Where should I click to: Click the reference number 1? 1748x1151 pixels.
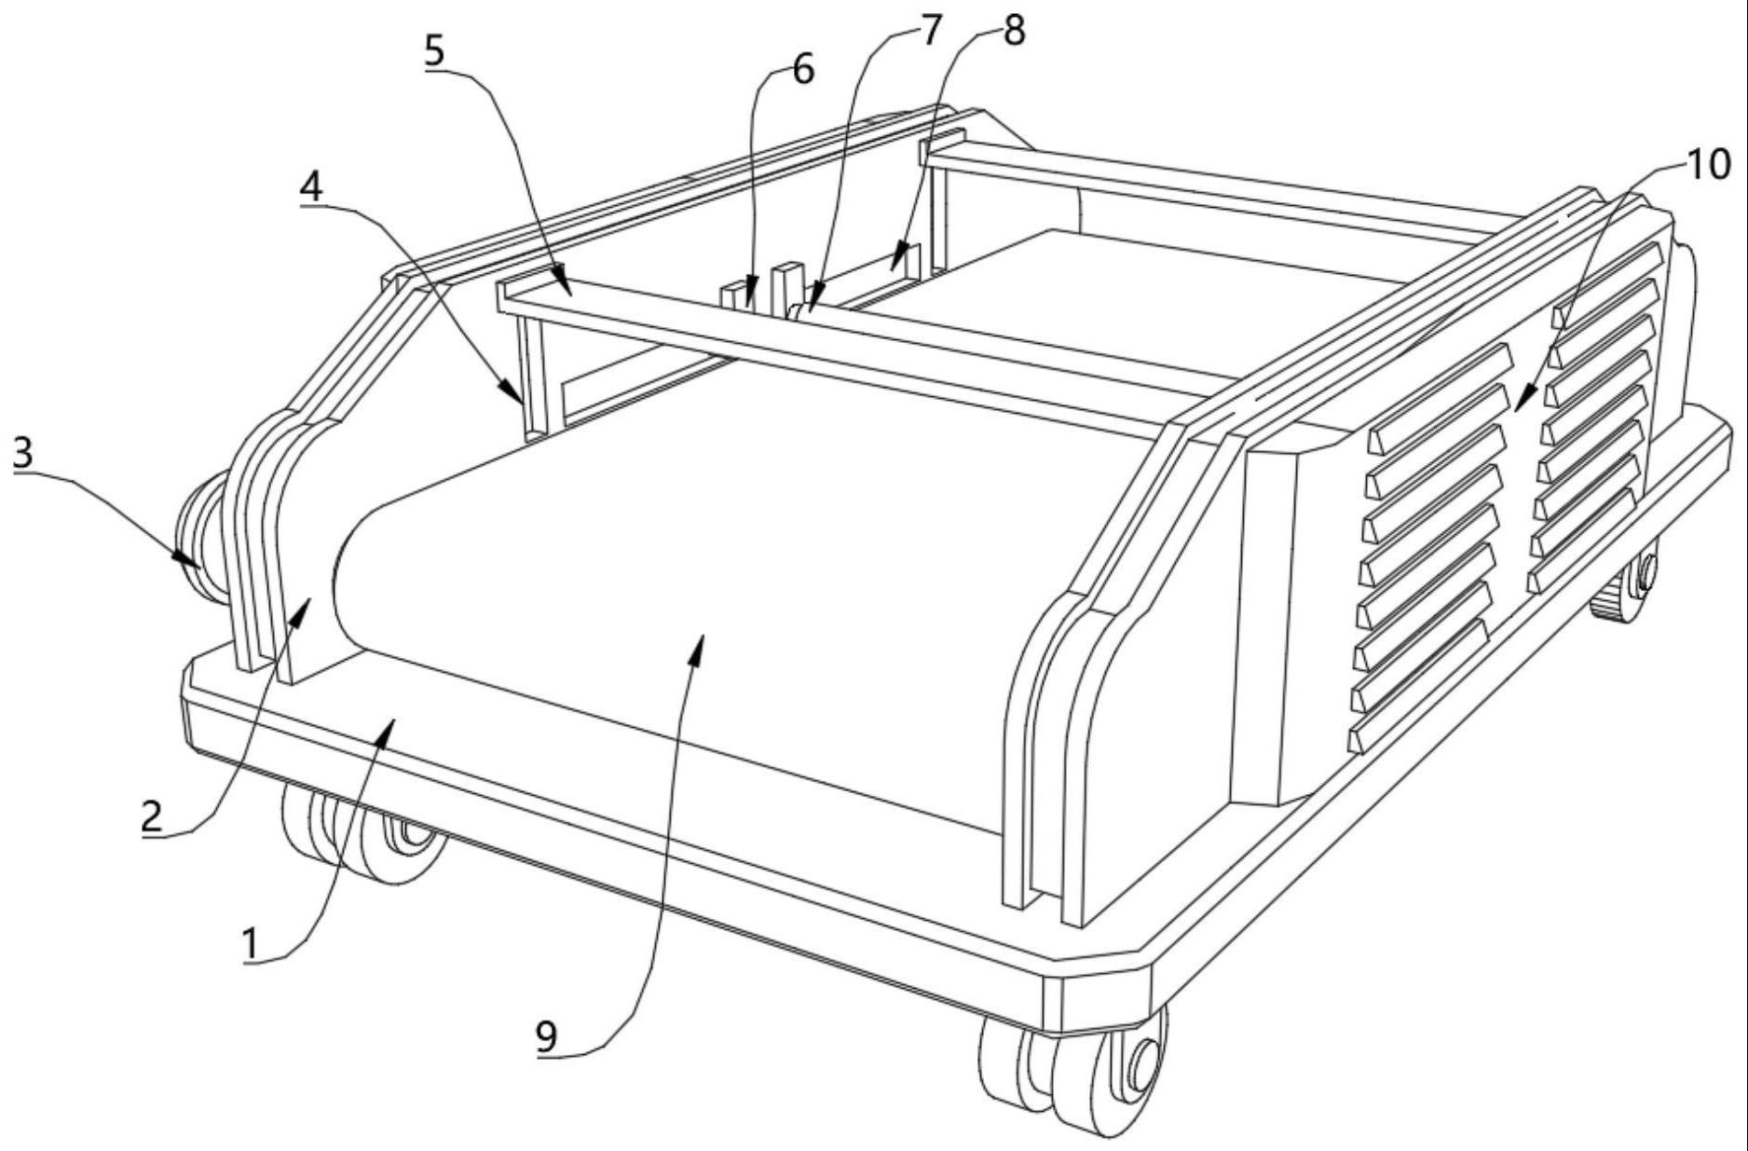250,944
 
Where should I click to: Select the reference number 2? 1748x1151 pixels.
152,816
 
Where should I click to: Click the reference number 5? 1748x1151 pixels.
434,51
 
